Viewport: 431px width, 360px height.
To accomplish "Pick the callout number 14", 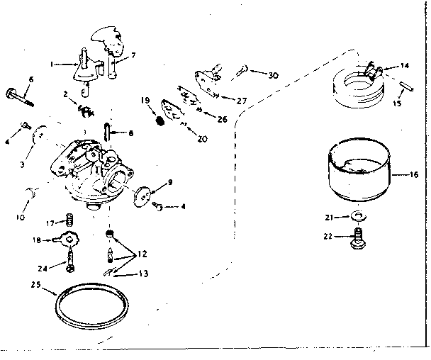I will (404, 65).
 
